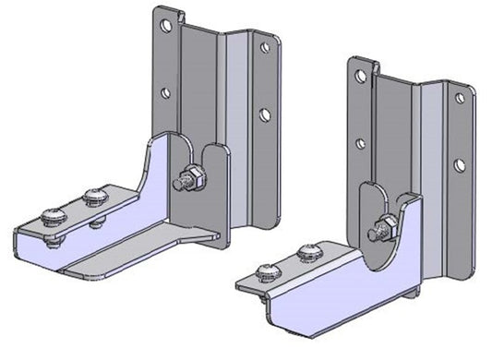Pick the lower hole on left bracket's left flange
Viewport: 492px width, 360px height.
(x=164, y=93)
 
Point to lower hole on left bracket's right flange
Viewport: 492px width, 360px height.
(x=264, y=114)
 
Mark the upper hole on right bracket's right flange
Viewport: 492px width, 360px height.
(x=459, y=98)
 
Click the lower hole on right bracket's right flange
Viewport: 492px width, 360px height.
(x=459, y=164)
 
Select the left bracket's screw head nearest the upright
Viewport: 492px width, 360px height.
(x=93, y=196)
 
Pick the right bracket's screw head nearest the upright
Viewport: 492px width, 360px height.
(x=308, y=249)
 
